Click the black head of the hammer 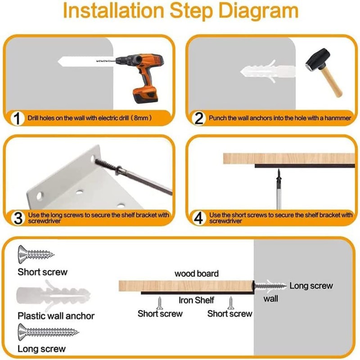[x=318, y=60]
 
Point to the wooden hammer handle [x=332, y=81]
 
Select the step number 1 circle [x=17, y=118]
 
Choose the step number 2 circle [x=198, y=118]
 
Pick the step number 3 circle [x=18, y=218]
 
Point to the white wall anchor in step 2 [x=268, y=71]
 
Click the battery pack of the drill [x=145, y=95]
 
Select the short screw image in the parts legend [x=36, y=254]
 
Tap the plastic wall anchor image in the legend [x=53, y=295]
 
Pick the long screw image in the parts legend [x=48, y=332]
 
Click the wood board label [x=197, y=274]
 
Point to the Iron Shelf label [x=196, y=300]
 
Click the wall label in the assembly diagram [x=271, y=299]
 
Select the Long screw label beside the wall [x=311, y=286]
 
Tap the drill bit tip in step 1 [x=97, y=61]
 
